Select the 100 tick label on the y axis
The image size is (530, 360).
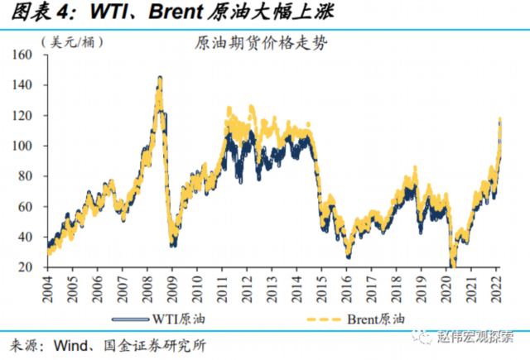[x=33, y=146]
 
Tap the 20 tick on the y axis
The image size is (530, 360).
[x=36, y=267]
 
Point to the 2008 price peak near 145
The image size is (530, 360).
[x=159, y=79]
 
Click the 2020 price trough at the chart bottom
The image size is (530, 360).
[x=452, y=265]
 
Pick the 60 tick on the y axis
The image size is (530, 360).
[x=36, y=207]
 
